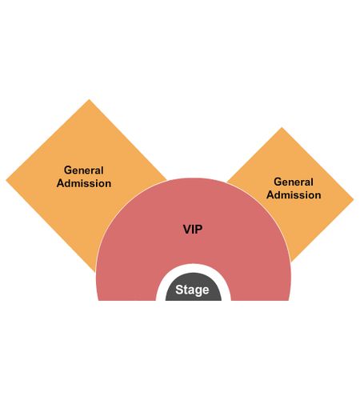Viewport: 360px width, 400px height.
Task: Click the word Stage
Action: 192,290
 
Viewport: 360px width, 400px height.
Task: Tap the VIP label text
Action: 193,230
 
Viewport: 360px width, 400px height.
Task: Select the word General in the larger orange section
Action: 84,170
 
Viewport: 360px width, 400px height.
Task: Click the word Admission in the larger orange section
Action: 84,183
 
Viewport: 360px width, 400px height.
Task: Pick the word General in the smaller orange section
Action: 294,182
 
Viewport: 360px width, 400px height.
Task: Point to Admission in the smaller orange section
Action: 294,195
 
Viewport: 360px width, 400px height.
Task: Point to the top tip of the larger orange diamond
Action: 89,99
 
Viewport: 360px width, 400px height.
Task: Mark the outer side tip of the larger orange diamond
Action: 6,181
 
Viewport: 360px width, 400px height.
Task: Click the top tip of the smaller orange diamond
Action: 282,127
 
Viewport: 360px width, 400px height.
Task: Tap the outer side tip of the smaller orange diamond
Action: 354,199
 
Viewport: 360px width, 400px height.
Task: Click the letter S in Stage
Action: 179,290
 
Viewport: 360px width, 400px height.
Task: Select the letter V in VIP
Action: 187,230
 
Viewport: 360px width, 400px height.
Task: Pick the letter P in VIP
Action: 198,230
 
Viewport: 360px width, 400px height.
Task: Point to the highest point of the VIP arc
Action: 194,178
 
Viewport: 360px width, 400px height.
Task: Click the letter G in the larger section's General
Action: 68,170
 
